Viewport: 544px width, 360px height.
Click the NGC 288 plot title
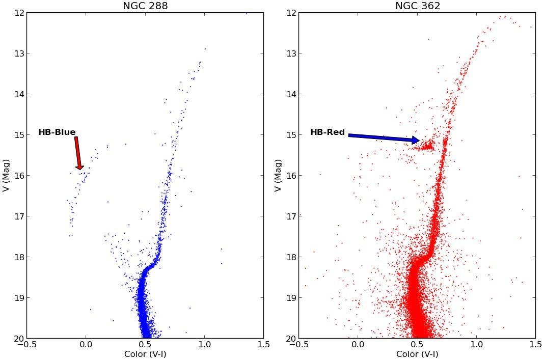[145, 6]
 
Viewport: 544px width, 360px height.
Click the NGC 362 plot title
[417, 6]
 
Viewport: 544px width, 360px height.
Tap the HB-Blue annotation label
[57, 132]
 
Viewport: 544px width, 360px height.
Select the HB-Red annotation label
[328, 132]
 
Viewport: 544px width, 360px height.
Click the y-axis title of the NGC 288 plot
[6, 175]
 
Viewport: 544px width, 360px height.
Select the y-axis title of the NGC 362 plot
[278, 175]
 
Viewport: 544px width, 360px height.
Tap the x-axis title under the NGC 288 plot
[145, 354]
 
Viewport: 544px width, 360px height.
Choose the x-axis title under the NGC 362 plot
[417, 354]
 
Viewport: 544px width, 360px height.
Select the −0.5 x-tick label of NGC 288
[25, 345]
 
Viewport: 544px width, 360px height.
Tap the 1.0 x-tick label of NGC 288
[204, 345]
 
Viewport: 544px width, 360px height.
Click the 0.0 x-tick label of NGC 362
[358, 345]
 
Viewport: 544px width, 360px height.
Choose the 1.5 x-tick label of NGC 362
[535, 345]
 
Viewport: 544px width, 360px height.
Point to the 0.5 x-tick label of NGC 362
[417, 345]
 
